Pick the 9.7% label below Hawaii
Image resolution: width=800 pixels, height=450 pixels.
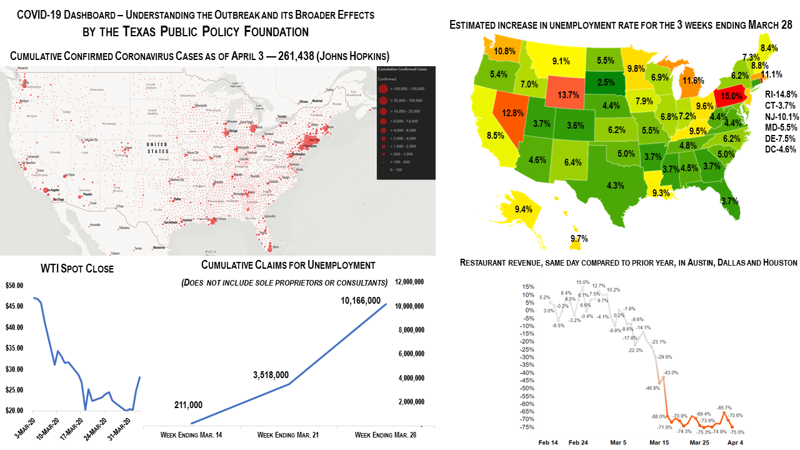[579, 239]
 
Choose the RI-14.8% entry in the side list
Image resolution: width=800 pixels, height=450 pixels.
[781, 94]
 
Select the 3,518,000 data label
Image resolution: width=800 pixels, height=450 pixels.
[271, 375]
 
